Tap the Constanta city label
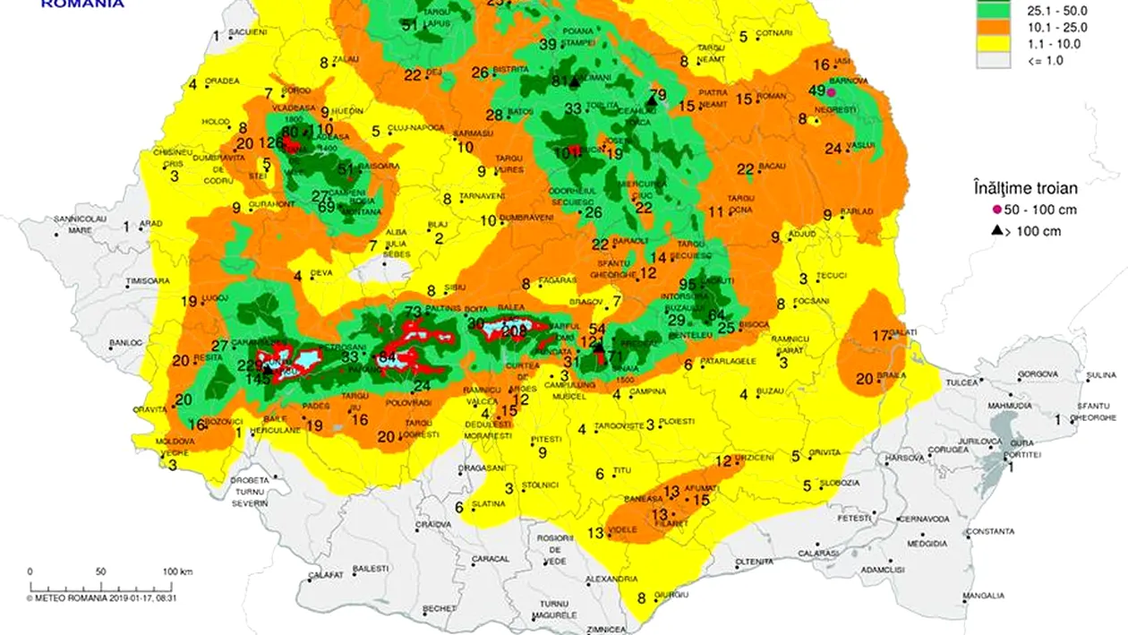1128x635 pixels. pos(990,531)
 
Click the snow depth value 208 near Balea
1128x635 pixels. pos(515,331)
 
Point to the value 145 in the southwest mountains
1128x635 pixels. pos(259,379)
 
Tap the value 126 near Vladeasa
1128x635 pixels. pos(270,142)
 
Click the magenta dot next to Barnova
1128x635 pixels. pos(831,91)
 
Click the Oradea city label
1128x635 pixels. pos(222,81)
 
